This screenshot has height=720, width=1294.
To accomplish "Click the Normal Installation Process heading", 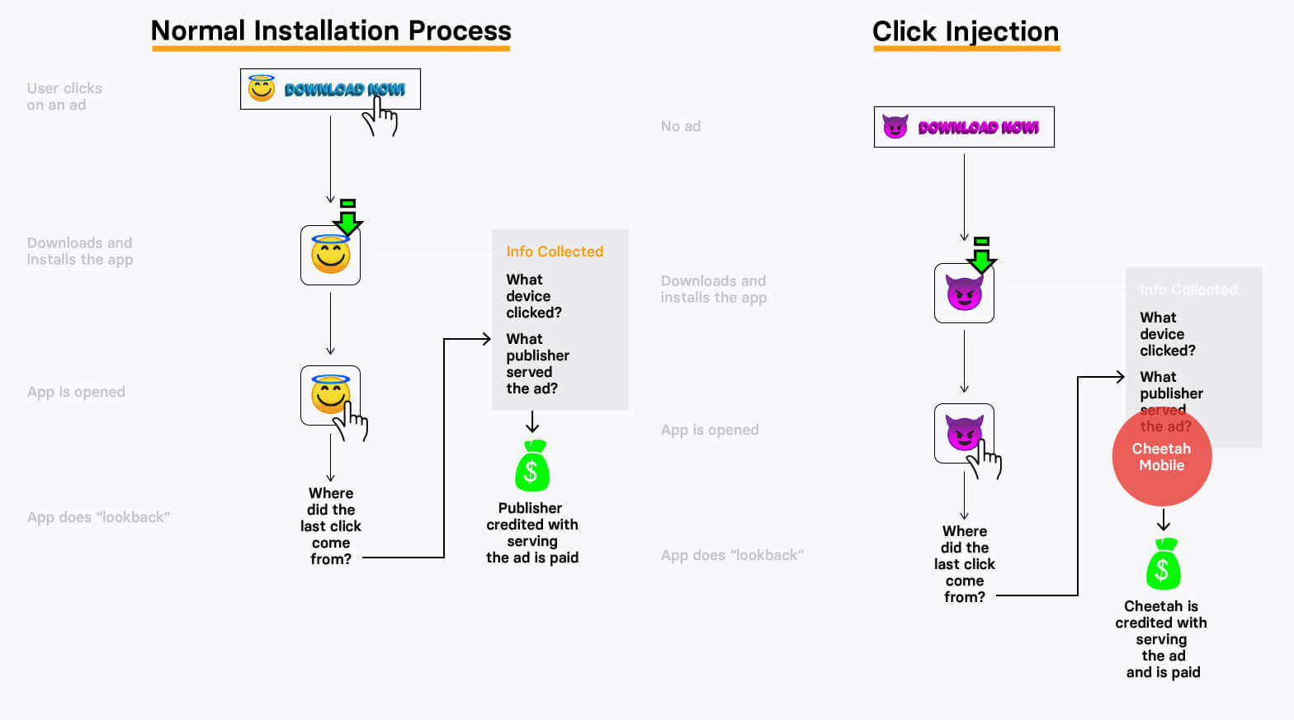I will (331, 31).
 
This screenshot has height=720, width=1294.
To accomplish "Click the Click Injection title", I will (966, 32).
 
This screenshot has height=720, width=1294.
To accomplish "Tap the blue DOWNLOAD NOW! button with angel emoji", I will (330, 89).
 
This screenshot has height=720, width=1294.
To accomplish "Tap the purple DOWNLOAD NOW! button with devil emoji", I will (964, 127).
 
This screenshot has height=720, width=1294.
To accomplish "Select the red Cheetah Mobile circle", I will (1162, 457).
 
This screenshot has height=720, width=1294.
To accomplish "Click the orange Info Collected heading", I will (555, 252).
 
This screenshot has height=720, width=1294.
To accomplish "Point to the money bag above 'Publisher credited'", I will (532, 467).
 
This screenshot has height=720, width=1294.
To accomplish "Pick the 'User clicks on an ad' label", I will (64, 96).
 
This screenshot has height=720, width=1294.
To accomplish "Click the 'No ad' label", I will (681, 126).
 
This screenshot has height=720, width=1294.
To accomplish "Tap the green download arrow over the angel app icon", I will (348, 217).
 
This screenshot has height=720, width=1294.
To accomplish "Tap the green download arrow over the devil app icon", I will (982, 255).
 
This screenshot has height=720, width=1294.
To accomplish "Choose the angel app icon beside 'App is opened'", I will (330, 395).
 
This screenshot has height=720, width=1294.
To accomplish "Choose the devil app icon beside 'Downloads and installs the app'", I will (964, 293).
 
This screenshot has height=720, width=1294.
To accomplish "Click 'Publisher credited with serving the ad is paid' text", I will (532, 533).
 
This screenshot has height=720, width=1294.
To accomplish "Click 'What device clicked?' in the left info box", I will (534, 296).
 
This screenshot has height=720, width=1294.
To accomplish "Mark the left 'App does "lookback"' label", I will (99, 517).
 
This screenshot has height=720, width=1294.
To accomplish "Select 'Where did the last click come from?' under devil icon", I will (965, 564).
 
